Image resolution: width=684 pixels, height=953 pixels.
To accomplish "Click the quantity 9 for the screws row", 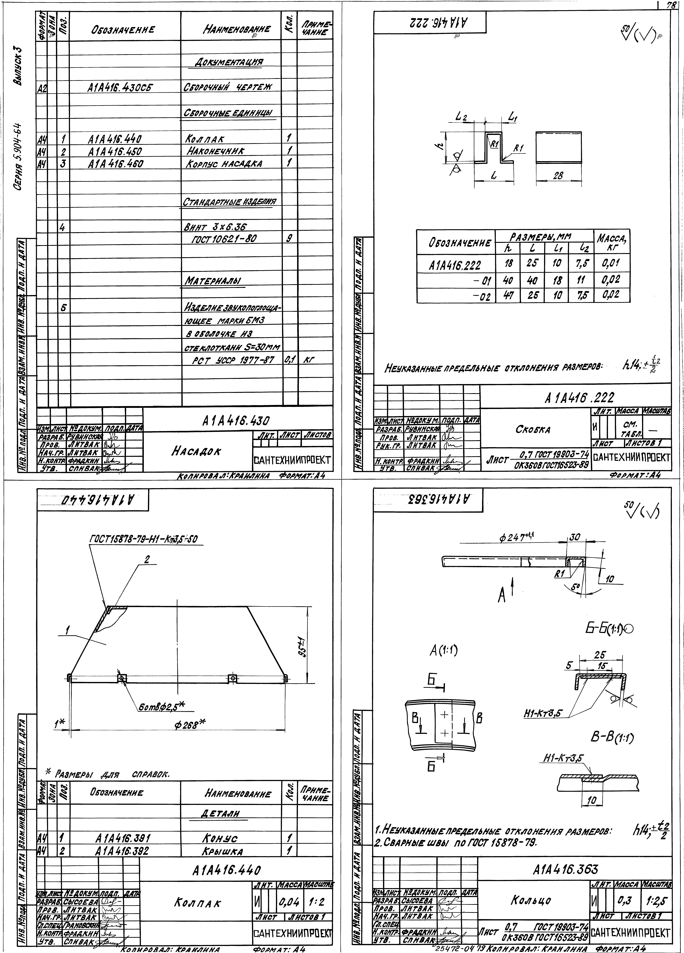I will click(x=288, y=238).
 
